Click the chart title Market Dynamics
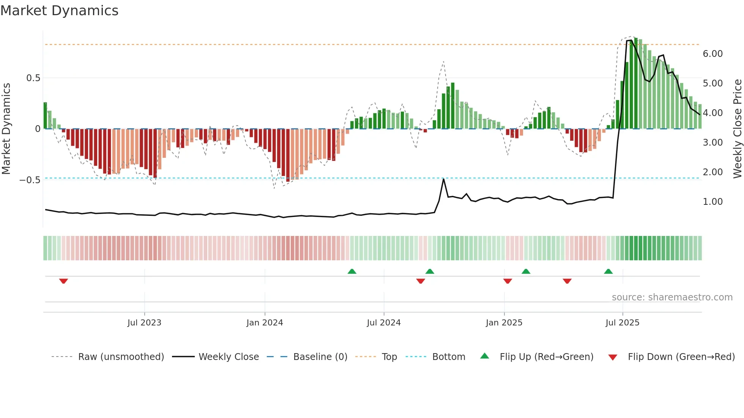[x=59, y=11]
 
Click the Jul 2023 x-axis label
[x=144, y=323]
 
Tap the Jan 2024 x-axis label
[x=265, y=323]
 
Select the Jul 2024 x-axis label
[x=384, y=323]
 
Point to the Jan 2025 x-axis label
[x=504, y=323]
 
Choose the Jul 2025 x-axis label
[x=623, y=323]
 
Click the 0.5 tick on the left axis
[x=33, y=78]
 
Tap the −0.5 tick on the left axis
[x=30, y=180]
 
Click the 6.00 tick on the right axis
[x=712, y=54]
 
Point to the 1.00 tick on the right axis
[x=712, y=202]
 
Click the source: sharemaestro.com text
[x=672, y=297]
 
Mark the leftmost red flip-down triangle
[x=63, y=281]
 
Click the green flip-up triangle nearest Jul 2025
[x=608, y=271]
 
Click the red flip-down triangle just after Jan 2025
[x=508, y=281]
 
